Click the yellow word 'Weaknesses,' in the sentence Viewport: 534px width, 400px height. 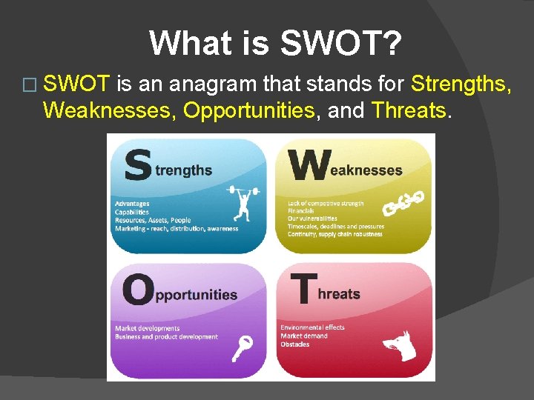click(110, 110)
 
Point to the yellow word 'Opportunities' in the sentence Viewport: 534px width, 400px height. click(248, 110)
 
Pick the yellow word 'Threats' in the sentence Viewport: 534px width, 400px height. click(409, 110)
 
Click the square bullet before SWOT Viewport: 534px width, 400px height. click(29, 85)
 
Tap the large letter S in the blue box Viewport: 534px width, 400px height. click(138, 164)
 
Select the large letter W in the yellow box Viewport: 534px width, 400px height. click(309, 165)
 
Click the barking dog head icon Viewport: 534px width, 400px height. click(400, 345)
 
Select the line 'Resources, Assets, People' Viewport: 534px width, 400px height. click(152, 220)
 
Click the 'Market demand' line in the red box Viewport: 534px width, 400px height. click(304, 336)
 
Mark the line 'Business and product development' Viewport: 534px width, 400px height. click(166, 337)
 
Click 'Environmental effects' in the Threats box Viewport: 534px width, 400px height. click(312, 327)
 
